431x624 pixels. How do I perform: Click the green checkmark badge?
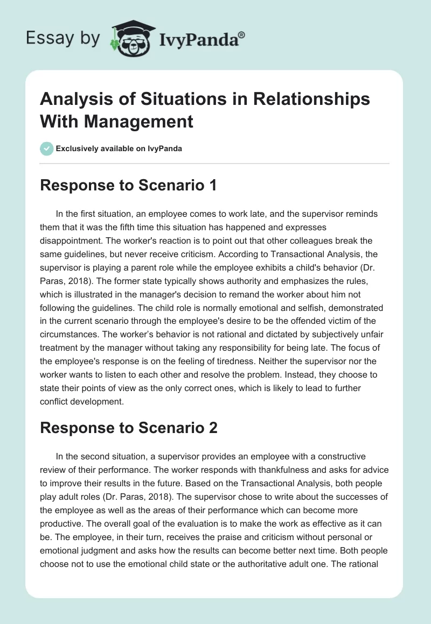[47, 148]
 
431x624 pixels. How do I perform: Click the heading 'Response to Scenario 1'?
[128, 186]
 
